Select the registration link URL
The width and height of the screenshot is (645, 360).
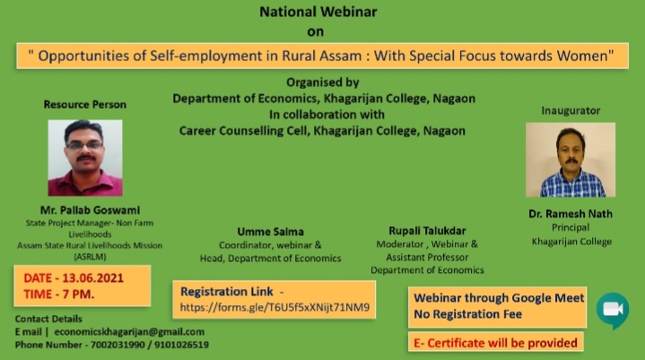275,307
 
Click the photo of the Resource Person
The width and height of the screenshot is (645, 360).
85,158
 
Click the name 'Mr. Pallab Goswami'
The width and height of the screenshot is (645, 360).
85,209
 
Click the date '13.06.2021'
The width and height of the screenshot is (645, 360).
93,277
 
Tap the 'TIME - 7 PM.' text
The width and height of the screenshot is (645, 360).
61,294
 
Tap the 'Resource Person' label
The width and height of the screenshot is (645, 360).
85,104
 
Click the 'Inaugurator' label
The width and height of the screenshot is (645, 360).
571,110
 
